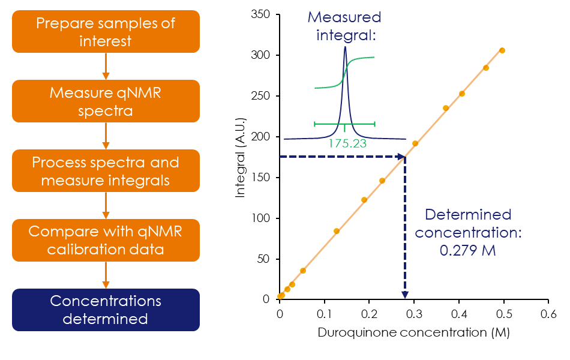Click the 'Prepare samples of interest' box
coord(106,31)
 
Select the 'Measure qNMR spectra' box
coord(106,101)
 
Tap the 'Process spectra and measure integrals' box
coord(106,171)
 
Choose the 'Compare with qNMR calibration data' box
coord(106,240)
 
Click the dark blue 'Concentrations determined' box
coord(106,310)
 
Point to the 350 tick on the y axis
coord(261,14)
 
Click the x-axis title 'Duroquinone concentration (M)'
coord(413,332)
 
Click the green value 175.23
coord(347,144)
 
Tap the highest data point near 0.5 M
coord(502,50)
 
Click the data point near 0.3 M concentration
coord(415,143)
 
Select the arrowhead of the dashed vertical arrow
coord(405,294)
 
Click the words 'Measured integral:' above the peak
coord(345,26)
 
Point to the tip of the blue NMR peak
coord(345,47)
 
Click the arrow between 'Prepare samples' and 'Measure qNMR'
coord(106,66)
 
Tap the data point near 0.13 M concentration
coord(337,231)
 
